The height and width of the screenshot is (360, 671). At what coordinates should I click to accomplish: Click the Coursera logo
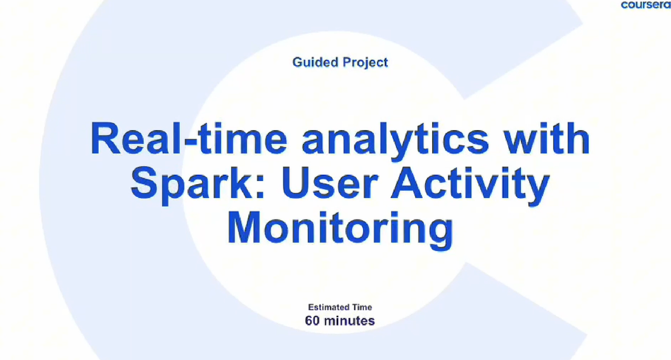pyautogui.click(x=646, y=5)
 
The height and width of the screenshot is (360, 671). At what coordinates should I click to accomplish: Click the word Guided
pyautogui.click(x=316, y=62)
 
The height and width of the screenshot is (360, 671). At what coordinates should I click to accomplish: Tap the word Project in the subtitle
pyautogui.click(x=365, y=63)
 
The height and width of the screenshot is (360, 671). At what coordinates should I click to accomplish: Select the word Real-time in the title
pyautogui.click(x=188, y=139)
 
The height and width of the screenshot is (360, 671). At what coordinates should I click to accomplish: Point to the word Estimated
pyautogui.click(x=328, y=308)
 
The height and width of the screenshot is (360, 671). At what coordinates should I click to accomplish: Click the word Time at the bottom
pyautogui.click(x=362, y=308)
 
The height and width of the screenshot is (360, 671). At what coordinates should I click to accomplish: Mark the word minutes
pyautogui.click(x=349, y=321)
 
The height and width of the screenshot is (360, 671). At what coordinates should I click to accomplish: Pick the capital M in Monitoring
pyautogui.click(x=243, y=228)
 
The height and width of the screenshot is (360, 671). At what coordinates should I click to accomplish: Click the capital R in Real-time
pyautogui.click(x=105, y=139)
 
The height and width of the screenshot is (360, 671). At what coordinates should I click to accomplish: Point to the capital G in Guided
pyautogui.click(x=298, y=62)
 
